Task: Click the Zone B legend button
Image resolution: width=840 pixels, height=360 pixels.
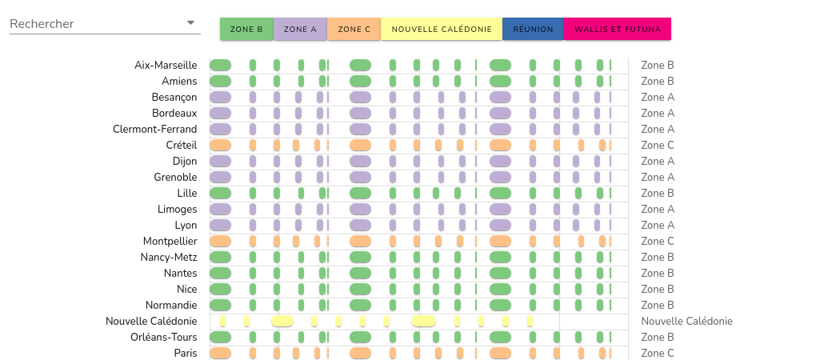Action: pos(246,29)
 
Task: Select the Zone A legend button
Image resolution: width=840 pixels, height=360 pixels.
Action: pos(300,29)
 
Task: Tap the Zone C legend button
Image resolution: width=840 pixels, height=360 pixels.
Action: pos(354,29)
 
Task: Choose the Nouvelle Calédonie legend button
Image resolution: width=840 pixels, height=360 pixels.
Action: pos(441,29)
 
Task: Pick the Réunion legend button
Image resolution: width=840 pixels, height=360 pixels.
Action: pos(533,29)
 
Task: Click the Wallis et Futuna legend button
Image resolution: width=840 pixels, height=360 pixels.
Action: pos(617,29)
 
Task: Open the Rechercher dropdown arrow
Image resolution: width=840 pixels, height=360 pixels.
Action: pos(190,23)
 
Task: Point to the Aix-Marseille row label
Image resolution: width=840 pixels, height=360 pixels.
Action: pos(166,65)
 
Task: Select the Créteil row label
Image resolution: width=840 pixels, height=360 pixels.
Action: pos(180,145)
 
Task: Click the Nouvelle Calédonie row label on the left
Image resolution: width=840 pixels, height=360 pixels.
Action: pos(151,321)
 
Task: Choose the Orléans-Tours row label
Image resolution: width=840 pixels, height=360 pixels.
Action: pos(163,337)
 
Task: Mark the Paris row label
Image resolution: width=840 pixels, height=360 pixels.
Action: pos(186,353)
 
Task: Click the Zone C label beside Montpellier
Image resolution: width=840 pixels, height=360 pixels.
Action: pos(658,241)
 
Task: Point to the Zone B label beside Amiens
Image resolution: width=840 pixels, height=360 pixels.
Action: pos(658,81)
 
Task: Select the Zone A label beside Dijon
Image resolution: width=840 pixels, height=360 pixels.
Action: pos(658,161)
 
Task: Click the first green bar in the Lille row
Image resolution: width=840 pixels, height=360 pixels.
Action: pos(220,193)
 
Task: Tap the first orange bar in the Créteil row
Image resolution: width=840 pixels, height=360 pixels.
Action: pos(220,145)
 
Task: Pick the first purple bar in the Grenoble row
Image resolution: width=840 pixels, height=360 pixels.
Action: pos(220,177)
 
